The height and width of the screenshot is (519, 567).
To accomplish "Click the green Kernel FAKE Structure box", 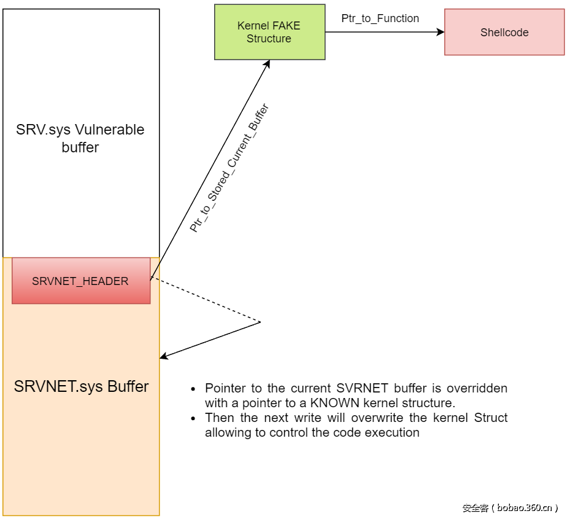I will [269, 32].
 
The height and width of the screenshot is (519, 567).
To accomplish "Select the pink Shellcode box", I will [504, 33].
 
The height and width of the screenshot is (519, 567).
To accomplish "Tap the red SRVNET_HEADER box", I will [80, 281].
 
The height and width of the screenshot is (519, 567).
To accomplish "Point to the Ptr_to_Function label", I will [380, 18].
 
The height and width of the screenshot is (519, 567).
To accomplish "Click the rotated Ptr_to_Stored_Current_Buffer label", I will [229, 168].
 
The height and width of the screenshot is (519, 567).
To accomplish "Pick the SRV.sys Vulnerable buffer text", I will [80, 138].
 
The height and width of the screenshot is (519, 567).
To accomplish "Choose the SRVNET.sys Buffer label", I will [81, 387].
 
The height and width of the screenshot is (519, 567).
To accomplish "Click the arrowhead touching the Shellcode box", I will [440, 32].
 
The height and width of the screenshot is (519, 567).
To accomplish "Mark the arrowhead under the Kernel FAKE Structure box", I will [268, 63].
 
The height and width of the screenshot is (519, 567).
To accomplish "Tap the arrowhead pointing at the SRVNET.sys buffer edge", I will [164, 356].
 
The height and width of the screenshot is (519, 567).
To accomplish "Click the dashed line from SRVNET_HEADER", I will [206, 300].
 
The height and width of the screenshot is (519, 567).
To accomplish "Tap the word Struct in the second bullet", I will [491, 418].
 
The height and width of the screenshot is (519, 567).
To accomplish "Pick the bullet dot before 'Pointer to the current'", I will [194, 389].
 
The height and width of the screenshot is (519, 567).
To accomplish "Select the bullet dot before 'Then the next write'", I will [194, 418].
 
